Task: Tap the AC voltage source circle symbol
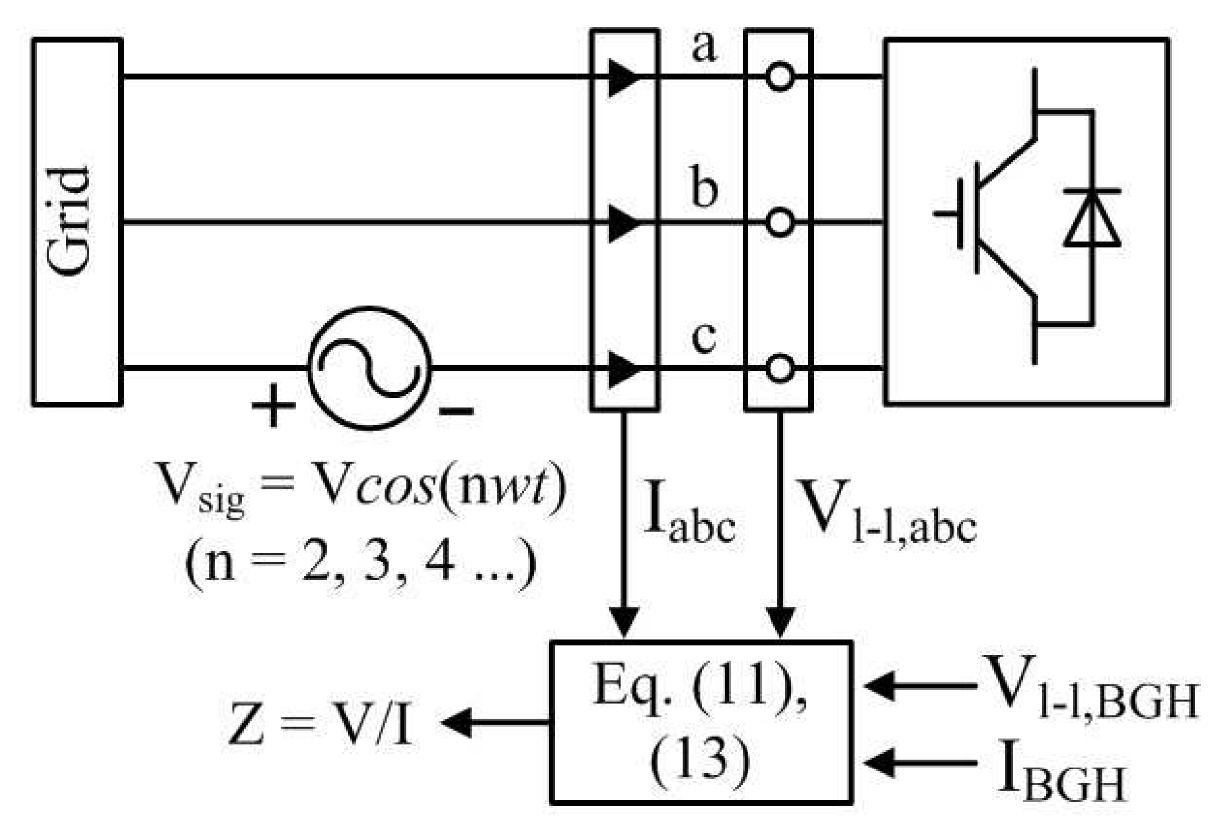tap(369, 369)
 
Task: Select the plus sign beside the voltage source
tap(273, 405)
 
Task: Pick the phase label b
tap(704, 188)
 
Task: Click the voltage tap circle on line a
tap(780, 78)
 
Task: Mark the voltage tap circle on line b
tap(780, 223)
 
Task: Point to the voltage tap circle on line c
tap(780, 369)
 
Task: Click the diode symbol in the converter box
tap(1092, 218)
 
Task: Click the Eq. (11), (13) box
tap(701, 722)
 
